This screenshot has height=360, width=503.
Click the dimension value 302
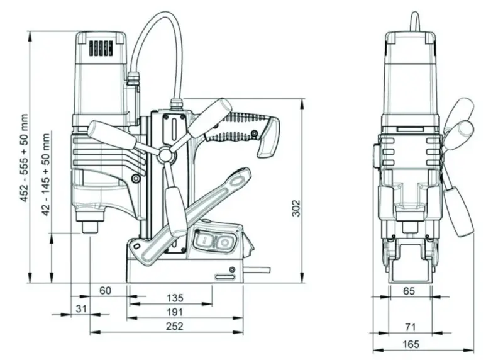(x=296, y=208)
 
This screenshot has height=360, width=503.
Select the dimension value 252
(x=175, y=326)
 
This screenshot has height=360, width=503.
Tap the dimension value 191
(x=175, y=312)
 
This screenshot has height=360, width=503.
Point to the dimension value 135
(x=175, y=297)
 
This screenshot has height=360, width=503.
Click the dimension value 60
(x=105, y=290)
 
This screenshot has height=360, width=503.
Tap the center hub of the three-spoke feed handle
(x=166, y=155)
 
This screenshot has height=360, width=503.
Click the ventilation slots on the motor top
(x=101, y=48)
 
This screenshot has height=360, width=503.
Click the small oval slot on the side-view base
(x=223, y=276)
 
